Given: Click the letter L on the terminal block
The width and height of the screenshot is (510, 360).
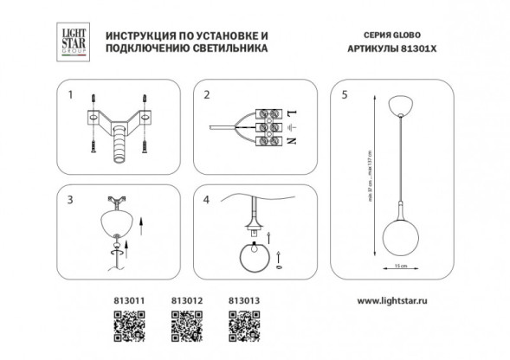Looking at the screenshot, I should click(291, 114).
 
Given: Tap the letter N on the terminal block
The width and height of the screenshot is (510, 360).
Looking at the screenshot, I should click(291, 140).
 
